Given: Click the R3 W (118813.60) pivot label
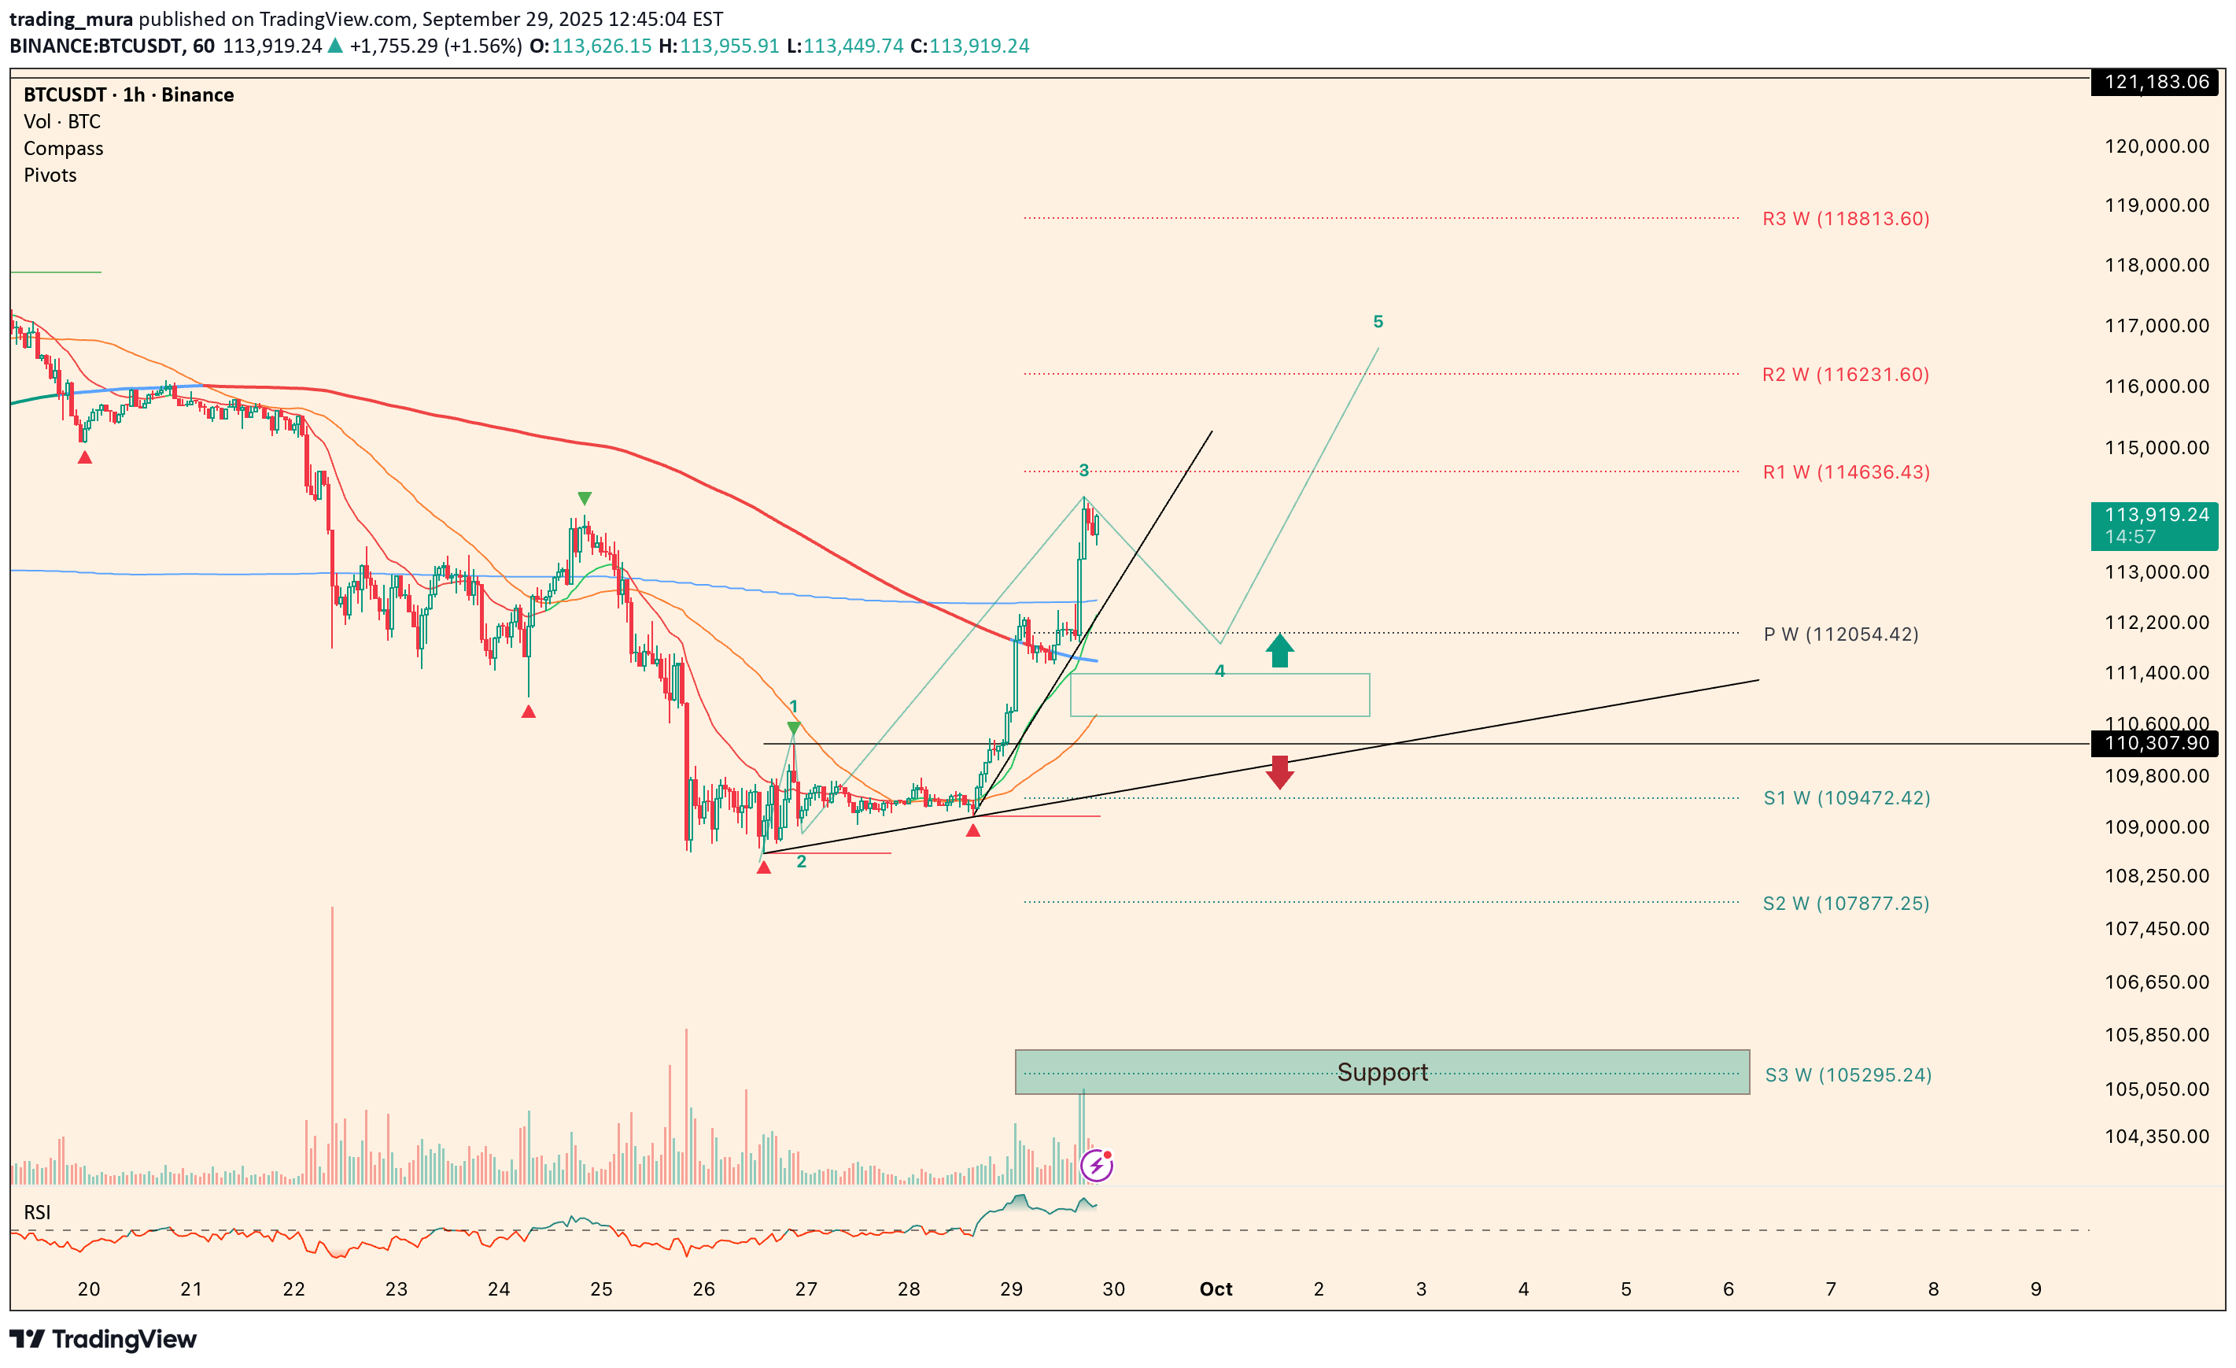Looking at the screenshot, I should pos(1845,219).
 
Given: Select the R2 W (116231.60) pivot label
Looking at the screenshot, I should pos(1845,375).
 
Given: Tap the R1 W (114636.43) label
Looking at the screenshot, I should pos(1846,472).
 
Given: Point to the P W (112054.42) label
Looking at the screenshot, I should pos(1840,634).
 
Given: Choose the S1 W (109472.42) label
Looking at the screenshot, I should pos(1846,798).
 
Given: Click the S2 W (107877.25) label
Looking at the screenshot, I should pos(1846,904).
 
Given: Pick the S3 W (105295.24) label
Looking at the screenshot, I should pos(1847,1074).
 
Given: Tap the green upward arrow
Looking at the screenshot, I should pos(1279,650).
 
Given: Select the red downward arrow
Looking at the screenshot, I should pos(1279,772).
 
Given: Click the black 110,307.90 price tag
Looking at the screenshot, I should pos(2155,744).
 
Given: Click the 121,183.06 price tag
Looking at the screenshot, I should pos(2155,82).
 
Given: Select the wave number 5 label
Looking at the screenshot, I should pos(1378,321).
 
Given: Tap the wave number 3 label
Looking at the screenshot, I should pos(1083,470).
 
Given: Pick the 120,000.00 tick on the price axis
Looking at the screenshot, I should pos(2156,146).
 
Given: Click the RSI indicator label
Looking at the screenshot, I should pos(37,1212).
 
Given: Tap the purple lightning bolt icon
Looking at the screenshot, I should pos(1096,1165).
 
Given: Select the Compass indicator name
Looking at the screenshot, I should pos(64,148).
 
